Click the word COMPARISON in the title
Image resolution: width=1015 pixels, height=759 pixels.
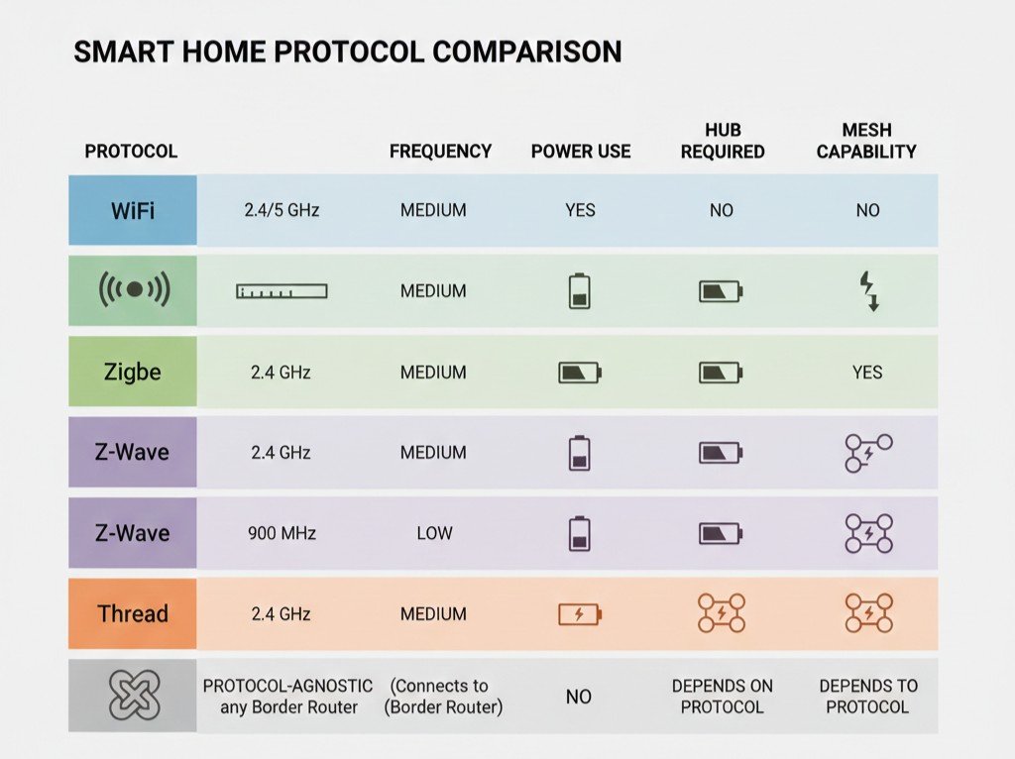[x=527, y=52]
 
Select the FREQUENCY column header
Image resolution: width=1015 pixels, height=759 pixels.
[x=440, y=152]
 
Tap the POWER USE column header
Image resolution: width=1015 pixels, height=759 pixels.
[x=581, y=152]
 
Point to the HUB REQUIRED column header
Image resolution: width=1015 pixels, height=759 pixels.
[x=723, y=141]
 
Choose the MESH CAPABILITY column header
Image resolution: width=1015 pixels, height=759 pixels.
[x=866, y=141]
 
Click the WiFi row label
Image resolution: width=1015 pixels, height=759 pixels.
[x=133, y=211]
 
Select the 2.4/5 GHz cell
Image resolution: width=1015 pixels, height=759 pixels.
[x=282, y=210]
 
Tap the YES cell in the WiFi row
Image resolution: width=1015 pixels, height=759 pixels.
[x=580, y=210]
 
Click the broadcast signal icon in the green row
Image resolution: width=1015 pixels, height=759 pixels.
[x=134, y=289]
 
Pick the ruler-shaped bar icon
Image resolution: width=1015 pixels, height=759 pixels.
[x=282, y=291]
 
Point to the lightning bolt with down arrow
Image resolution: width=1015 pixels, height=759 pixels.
[x=868, y=291]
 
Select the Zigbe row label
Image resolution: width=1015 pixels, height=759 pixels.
[x=133, y=372]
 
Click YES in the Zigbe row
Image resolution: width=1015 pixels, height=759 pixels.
[x=867, y=372]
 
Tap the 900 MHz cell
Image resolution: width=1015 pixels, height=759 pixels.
[x=282, y=533]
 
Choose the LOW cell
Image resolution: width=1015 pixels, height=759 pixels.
[x=434, y=533]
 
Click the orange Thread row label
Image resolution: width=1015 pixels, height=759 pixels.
[x=133, y=613]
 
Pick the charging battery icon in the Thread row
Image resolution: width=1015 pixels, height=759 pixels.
[x=580, y=613]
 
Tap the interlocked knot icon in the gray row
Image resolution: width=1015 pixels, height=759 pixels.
[x=134, y=696]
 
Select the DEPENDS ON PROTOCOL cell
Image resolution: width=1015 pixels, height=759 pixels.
[x=723, y=697]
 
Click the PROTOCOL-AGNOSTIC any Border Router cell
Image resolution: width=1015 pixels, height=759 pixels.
[x=288, y=697]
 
